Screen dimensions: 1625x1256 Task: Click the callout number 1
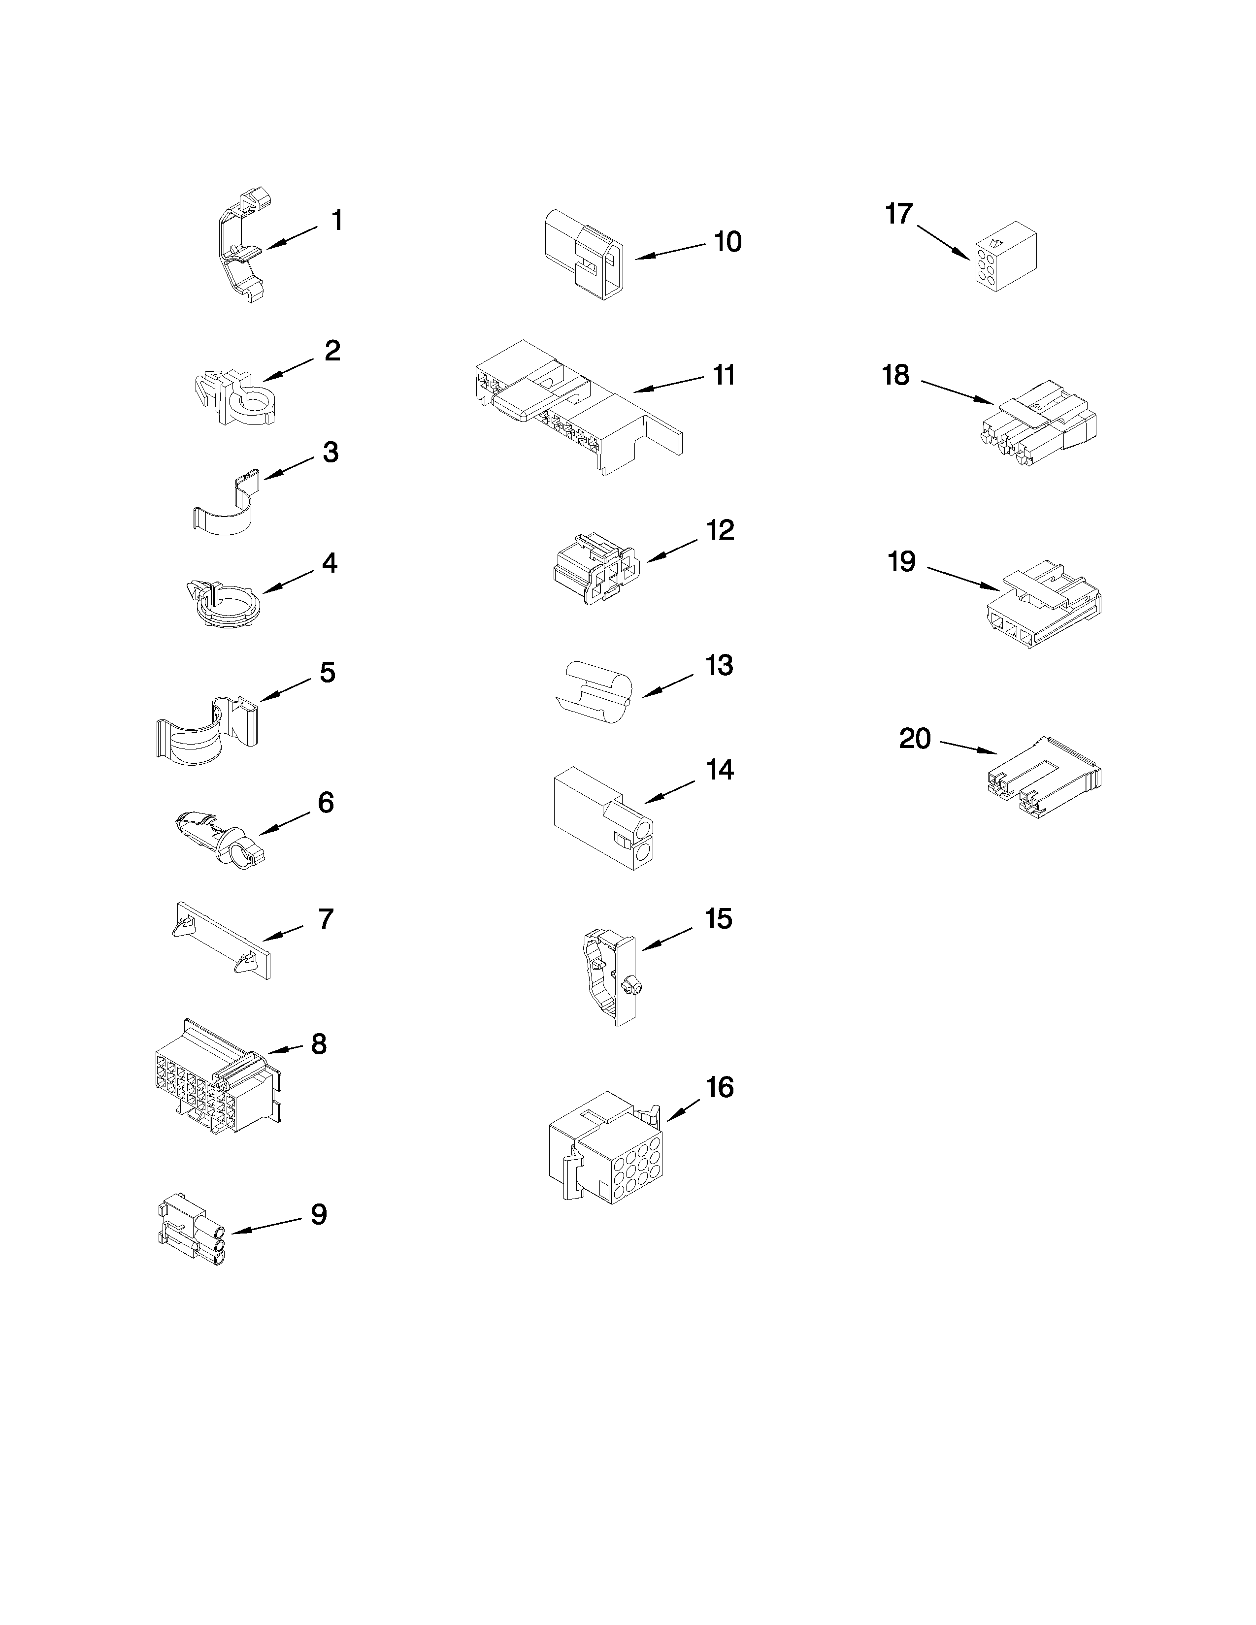pos(337,221)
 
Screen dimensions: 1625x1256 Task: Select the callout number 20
pos(915,739)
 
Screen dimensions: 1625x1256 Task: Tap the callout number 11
pos(723,375)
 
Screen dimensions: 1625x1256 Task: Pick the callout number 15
pos(718,919)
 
